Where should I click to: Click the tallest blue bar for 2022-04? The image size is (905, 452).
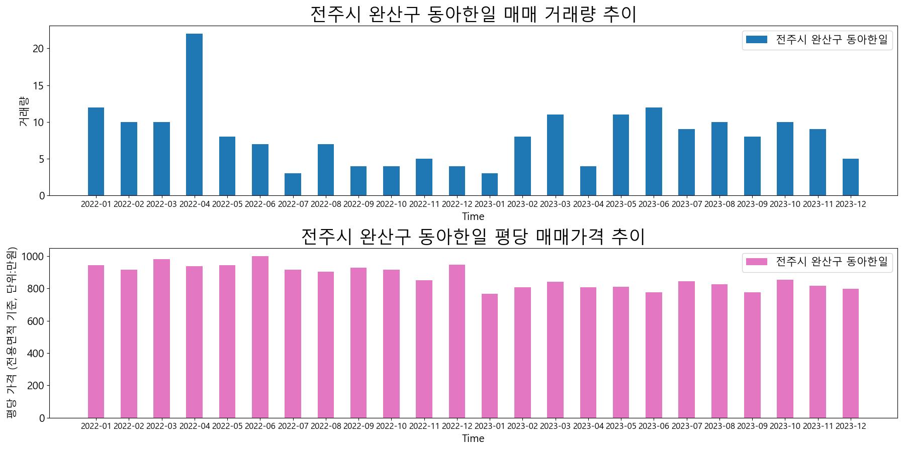[x=194, y=115]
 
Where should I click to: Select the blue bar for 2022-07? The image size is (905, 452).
[x=293, y=184]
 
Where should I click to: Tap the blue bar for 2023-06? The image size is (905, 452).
[x=654, y=151]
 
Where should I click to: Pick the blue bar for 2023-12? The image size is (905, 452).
[x=850, y=177]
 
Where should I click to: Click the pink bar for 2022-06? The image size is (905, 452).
[x=260, y=337]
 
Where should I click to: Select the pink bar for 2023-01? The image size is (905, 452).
[x=490, y=356]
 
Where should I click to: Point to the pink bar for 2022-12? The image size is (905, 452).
[x=457, y=341]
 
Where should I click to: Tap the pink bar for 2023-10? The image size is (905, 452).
[x=785, y=349]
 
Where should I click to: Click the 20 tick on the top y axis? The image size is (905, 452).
[x=39, y=49]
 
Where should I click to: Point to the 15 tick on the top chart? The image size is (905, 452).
[x=39, y=86]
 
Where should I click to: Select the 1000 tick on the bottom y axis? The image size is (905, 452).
[x=34, y=257]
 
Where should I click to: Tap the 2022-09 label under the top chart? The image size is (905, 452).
[x=358, y=204]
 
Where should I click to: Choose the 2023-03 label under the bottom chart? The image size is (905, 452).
[x=555, y=426]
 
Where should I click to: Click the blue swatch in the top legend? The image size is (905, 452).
[x=756, y=40]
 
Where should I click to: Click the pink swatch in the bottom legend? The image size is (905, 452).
[x=756, y=262]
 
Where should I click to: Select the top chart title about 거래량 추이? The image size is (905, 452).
[x=473, y=14]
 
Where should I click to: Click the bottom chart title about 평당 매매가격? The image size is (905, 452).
[x=473, y=236]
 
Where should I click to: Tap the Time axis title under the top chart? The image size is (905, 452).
[x=473, y=217]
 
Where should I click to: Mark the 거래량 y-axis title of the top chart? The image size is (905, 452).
[x=24, y=111]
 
